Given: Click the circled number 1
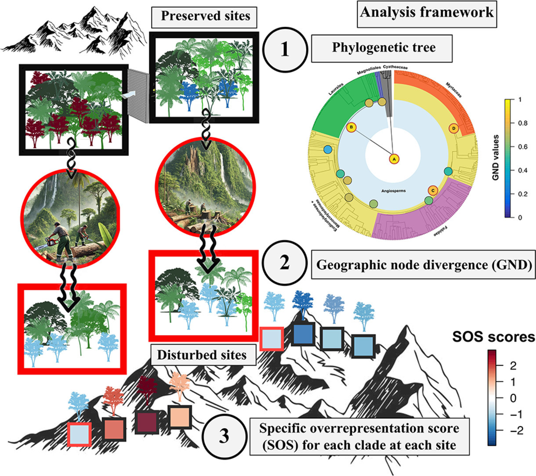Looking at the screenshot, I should [285, 49].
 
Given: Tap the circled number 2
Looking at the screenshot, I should [285, 264].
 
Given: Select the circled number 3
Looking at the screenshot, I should [224, 437].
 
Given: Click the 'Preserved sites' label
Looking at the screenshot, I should [205, 17].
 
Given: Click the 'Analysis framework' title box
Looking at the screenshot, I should [427, 12].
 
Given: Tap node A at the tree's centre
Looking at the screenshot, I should [394, 159].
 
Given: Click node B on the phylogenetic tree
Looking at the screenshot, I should [351, 128].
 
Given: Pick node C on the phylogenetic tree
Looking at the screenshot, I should [433, 190].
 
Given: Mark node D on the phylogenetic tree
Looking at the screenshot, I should [454, 128].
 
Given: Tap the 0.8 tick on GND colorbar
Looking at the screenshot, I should [522, 123].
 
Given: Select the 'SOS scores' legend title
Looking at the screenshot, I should [493, 337].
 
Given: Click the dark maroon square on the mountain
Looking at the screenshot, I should [147, 422].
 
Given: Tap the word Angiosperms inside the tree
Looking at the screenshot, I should [393, 191].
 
